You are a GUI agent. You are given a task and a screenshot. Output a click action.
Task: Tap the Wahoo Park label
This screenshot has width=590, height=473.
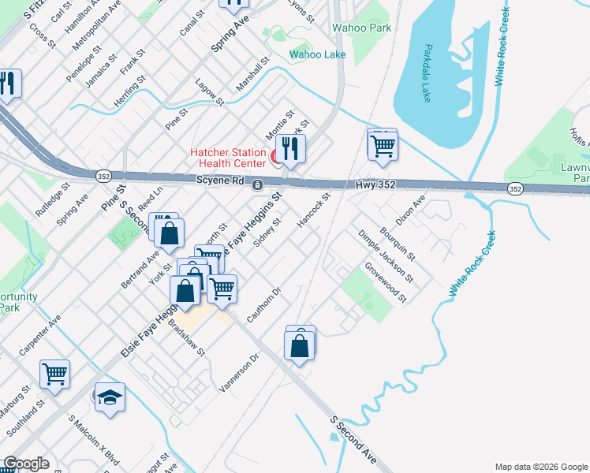coord(362,28)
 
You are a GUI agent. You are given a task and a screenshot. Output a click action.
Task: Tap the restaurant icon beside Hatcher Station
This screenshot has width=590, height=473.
coord(290,147)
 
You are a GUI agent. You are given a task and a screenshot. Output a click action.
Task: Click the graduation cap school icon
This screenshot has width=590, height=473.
coord(110,398)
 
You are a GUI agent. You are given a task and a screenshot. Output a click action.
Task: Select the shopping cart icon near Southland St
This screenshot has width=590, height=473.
coord(54,374)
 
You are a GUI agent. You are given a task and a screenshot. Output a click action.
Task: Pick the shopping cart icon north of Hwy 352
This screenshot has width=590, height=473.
coord(383,145)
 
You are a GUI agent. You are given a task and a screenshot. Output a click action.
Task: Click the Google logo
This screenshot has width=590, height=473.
coord(25,464)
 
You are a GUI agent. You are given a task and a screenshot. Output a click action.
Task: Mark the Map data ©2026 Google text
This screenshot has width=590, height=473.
coord(540,467)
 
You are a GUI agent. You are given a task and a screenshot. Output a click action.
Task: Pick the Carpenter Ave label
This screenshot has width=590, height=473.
coord(40,335)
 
